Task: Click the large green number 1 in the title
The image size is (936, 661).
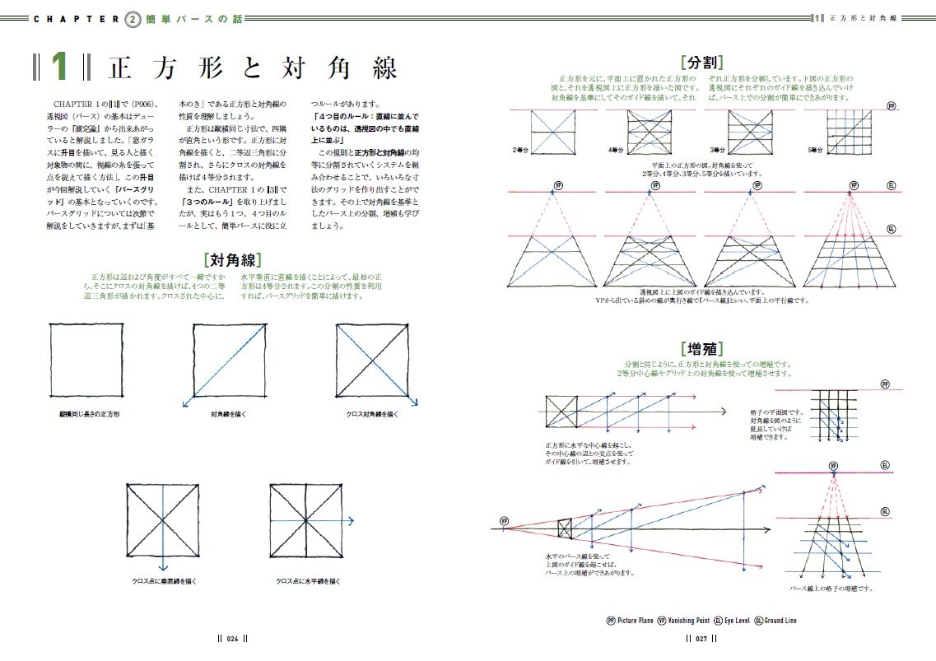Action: (x=59, y=68)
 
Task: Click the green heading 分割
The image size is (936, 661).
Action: (x=702, y=62)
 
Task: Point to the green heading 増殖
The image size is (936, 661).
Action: (x=701, y=349)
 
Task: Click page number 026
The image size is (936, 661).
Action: (x=232, y=637)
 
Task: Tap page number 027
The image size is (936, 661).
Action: (x=701, y=637)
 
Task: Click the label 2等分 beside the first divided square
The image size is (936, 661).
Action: (x=520, y=151)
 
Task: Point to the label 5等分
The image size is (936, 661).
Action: (x=816, y=151)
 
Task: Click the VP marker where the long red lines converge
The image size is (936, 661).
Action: (x=503, y=522)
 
